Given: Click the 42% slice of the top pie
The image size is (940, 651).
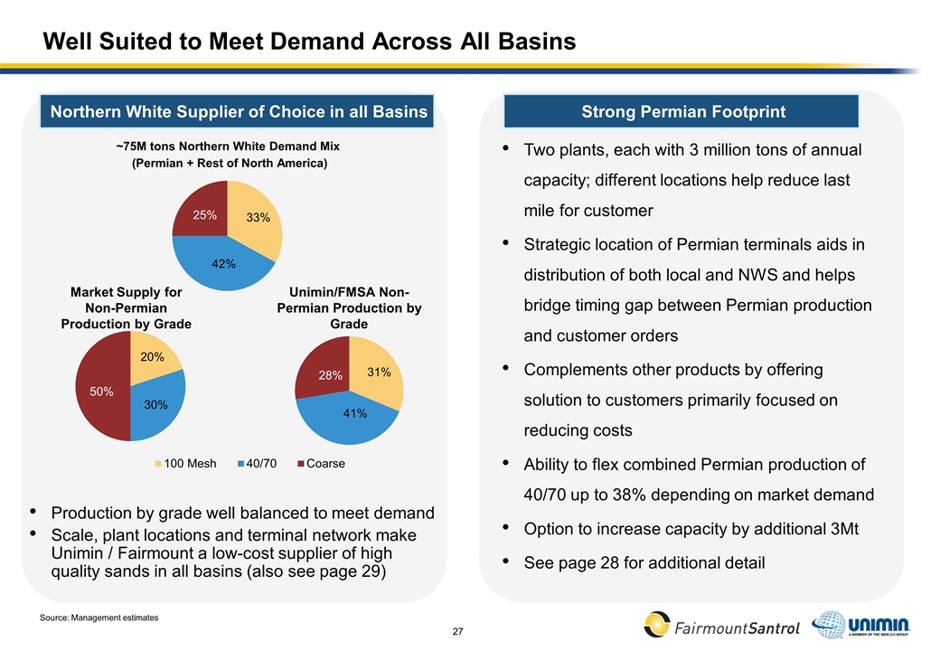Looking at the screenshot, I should pyautogui.click(x=223, y=262).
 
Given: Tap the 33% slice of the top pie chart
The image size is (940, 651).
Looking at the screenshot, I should pyautogui.click(x=258, y=218).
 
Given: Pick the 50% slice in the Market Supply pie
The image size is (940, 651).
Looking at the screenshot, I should pyautogui.click(x=101, y=392).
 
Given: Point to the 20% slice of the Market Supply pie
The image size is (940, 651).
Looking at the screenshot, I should pyautogui.click(x=151, y=357).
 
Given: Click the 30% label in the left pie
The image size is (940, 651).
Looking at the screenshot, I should pyautogui.click(x=156, y=406).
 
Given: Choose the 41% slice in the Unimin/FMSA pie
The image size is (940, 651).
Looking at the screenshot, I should pyautogui.click(x=353, y=413).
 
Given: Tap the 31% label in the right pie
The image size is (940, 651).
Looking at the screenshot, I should pyautogui.click(x=379, y=372).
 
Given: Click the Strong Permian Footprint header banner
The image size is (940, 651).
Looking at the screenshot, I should pyautogui.click(x=683, y=112).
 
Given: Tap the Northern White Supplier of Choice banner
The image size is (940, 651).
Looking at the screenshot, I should pyautogui.click(x=239, y=112).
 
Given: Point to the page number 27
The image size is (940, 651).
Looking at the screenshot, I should pyautogui.click(x=457, y=629).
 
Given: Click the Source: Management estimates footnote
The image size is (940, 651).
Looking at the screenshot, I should pyautogui.click(x=99, y=617).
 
